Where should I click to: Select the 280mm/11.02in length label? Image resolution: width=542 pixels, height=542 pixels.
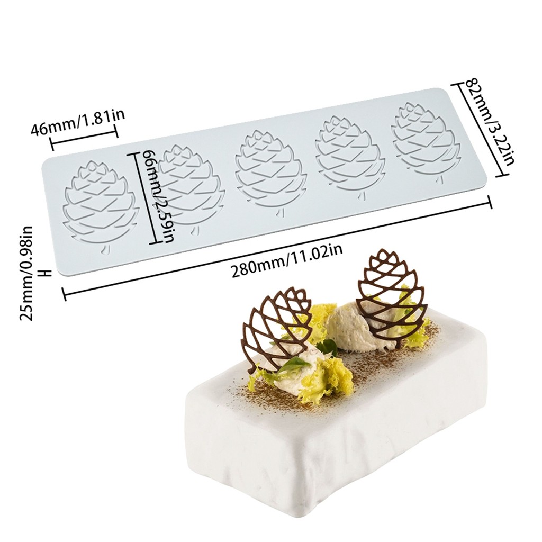pyautogui.click(x=287, y=260)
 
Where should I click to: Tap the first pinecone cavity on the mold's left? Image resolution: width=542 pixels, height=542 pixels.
pyautogui.click(x=101, y=203)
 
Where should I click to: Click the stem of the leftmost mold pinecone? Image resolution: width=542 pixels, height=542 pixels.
pyautogui.click(x=104, y=250)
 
